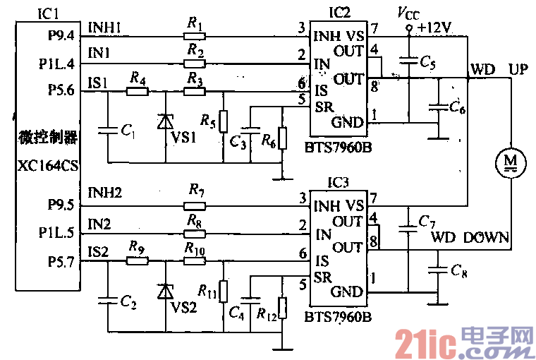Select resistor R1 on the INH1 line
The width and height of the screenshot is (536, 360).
(194, 35)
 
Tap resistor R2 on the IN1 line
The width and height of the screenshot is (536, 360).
(194, 63)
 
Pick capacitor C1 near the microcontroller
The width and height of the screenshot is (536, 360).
(107, 130)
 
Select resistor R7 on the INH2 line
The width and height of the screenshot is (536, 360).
(194, 205)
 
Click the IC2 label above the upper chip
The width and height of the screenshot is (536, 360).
(341, 12)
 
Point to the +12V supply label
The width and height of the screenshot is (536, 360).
(434, 27)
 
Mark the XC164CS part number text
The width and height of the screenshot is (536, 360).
(47, 164)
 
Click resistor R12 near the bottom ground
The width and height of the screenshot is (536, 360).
(282, 308)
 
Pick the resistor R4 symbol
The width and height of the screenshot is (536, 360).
(137, 91)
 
